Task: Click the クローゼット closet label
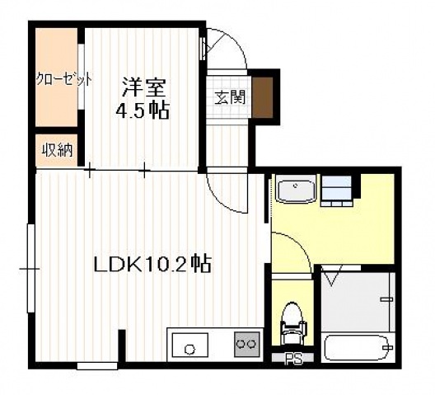pyautogui.click(x=62, y=80)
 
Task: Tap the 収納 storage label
pyautogui.click(x=57, y=150)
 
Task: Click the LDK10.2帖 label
pyautogui.click(x=152, y=265)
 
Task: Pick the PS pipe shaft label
pyautogui.click(x=292, y=359)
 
